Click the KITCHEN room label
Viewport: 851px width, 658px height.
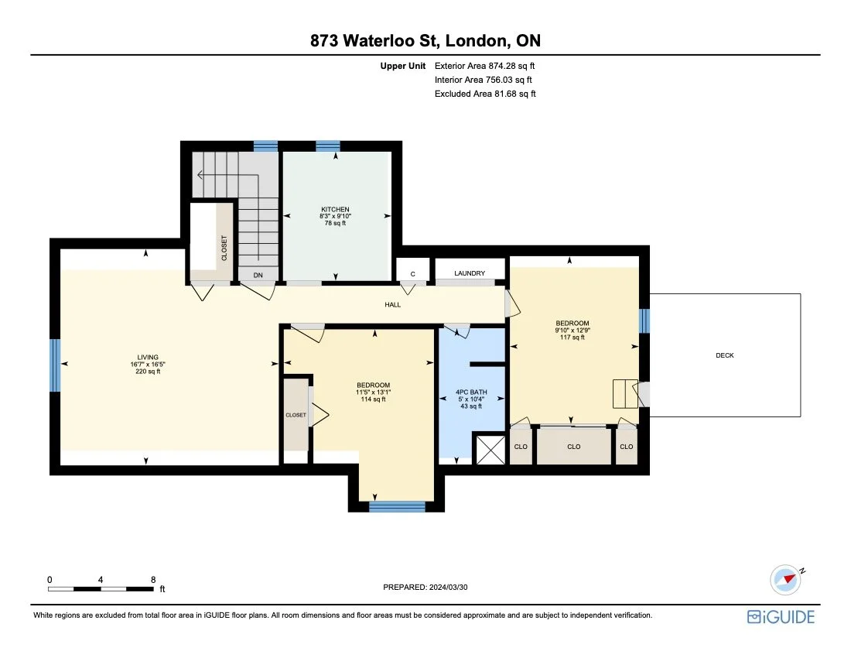click(x=336, y=209)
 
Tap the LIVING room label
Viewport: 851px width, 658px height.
click(x=147, y=358)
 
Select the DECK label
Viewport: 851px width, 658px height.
click(x=725, y=355)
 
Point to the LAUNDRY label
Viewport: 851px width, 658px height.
click(x=470, y=273)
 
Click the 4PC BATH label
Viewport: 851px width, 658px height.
click(x=472, y=392)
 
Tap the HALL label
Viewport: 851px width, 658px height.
click(x=393, y=305)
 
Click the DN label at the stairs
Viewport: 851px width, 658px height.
click(x=258, y=275)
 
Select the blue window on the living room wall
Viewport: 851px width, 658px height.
click(x=55, y=365)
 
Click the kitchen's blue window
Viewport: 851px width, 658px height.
click(x=327, y=146)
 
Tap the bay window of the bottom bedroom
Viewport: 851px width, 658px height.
click(x=397, y=507)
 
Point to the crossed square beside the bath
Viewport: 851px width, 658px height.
click(x=489, y=450)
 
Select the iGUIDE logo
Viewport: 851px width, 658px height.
click(x=781, y=617)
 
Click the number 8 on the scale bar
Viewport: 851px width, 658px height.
click(x=153, y=579)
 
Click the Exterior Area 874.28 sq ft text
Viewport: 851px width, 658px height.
click(x=485, y=66)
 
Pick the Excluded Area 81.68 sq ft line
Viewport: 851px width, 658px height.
click(x=485, y=94)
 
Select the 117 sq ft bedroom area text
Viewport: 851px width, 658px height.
click(x=572, y=338)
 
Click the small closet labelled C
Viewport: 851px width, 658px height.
click(x=412, y=273)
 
